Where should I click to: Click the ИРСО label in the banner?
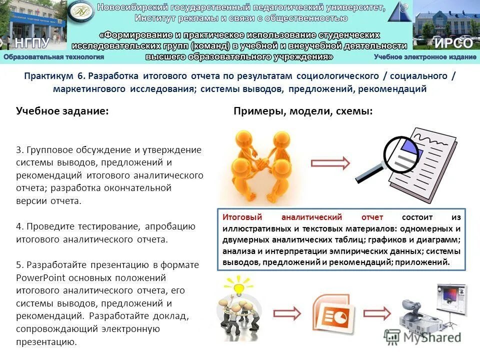tap(453, 42)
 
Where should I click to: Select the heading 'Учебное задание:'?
tap(62, 111)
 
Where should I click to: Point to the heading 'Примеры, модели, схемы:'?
tap(303, 111)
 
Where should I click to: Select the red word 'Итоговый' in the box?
tap(239, 217)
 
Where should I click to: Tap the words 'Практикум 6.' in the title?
tap(55, 76)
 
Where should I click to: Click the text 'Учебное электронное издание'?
tap(425, 57)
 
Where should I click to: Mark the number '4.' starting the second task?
tap(20, 226)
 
